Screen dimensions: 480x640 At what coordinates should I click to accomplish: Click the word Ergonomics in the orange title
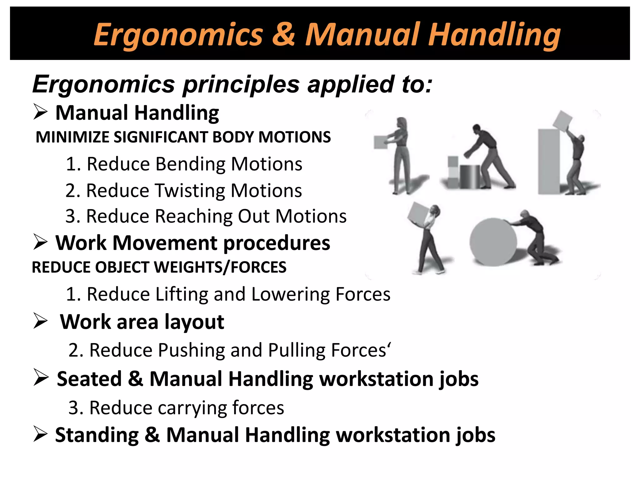pos(178,35)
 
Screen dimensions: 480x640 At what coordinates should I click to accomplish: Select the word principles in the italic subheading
pos(241,84)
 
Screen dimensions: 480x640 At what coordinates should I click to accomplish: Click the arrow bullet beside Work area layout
pos(41,321)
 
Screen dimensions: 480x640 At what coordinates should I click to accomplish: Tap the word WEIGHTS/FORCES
pos(220,267)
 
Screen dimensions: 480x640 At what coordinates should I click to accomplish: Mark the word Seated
pos(89,379)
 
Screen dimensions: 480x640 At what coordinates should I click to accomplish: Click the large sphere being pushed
pos(493,242)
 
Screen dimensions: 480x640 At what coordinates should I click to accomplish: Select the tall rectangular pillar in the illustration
pos(548,162)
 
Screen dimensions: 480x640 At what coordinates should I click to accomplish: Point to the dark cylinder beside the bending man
pos(470,177)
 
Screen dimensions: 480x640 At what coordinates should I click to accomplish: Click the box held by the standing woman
pos(381,142)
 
